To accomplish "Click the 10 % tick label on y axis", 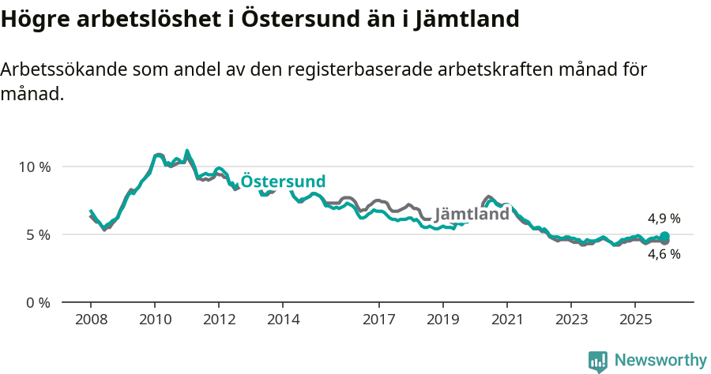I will tap(33, 166).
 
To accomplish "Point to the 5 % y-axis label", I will tap(36, 234).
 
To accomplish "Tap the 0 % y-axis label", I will tap(36, 302).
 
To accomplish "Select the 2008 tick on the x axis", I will tap(91, 320).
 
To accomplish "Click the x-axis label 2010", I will tap(155, 320).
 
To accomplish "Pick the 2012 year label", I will tap(219, 320).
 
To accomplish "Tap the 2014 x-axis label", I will tap(283, 320).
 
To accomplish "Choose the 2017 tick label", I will tap(378, 320).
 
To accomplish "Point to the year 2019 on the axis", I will tap(442, 320).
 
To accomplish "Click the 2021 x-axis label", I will tap(506, 320).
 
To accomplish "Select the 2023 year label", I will tap(571, 320).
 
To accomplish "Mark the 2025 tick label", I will tap(635, 320).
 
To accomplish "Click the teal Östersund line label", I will tap(283, 181).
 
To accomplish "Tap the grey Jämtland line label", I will tap(472, 215).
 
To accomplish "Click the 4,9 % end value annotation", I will tap(664, 219).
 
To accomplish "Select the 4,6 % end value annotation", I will tap(664, 254).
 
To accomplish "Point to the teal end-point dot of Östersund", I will tap(664, 236).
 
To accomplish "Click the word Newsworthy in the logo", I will tap(660, 361).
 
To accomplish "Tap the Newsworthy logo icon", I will tap(598, 361).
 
